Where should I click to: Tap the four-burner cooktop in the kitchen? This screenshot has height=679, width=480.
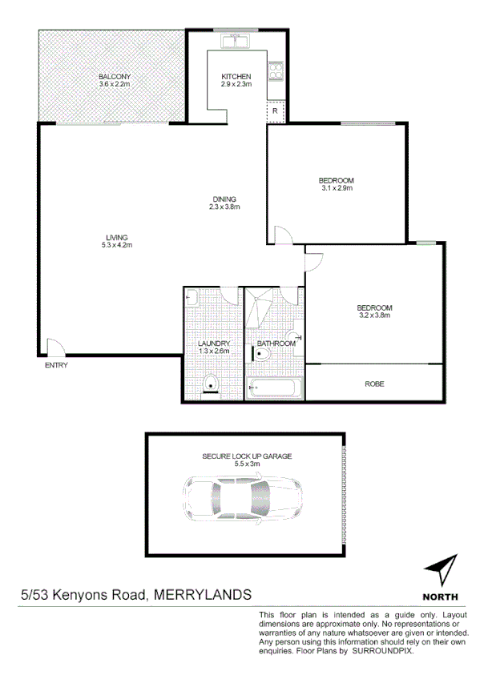click(276, 73)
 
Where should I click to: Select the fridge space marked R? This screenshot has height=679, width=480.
click(275, 111)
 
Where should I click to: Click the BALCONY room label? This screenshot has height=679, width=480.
click(114, 77)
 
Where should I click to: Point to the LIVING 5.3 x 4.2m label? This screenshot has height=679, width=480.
click(116, 241)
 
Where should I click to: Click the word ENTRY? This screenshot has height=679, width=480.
click(56, 366)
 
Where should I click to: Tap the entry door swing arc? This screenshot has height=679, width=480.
click(56, 346)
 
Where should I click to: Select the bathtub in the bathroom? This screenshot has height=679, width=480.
click(274, 389)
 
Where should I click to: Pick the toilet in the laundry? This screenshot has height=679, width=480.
click(211, 384)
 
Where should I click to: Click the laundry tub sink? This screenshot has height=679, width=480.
click(191, 298)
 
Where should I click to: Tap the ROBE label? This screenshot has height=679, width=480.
click(374, 384)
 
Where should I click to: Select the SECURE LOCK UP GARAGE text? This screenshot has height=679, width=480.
click(247, 456)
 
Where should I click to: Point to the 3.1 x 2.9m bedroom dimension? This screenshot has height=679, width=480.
click(337, 189)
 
